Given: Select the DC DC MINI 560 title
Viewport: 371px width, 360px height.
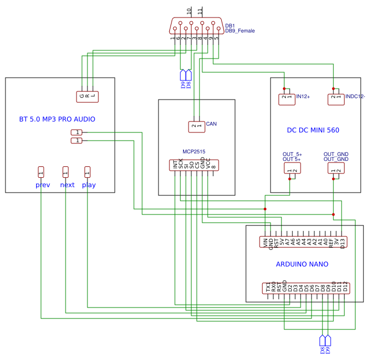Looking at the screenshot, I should pyautogui.click(x=313, y=130).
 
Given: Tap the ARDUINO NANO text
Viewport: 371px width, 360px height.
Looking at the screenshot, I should pyautogui.click(x=302, y=264).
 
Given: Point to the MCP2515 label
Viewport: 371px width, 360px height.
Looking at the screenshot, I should pyautogui.click(x=193, y=151).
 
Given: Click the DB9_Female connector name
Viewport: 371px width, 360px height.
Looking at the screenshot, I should pyautogui.click(x=240, y=31).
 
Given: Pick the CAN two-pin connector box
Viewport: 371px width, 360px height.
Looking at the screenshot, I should pyautogui.click(x=196, y=126).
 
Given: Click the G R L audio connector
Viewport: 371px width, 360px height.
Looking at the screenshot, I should pyautogui.click(x=87, y=96).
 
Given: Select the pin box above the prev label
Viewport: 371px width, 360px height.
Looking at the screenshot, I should pyautogui.click(x=41, y=172).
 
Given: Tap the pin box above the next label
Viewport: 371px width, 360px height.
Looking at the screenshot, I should pyautogui.click(x=66, y=172).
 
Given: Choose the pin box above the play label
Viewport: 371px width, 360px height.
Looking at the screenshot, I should pyautogui.click(x=87, y=172).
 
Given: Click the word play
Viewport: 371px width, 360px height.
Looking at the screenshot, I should pyautogui.click(x=89, y=185).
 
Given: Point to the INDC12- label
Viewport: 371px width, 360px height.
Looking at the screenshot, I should pyautogui.click(x=355, y=96).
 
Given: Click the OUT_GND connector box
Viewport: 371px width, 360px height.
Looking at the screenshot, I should pyautogui.click(x=336, y=169).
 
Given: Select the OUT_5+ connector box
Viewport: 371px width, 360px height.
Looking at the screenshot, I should pyautogui.click(x=292, y=169).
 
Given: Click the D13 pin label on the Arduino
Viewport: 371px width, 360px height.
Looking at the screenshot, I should pyautogui.click(x=343, y=242).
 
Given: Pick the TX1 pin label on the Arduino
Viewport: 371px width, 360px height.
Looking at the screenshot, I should pyautogui.click(x=268, y=287).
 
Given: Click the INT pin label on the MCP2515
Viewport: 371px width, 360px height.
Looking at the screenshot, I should pyautogui.click(x=175, y=164).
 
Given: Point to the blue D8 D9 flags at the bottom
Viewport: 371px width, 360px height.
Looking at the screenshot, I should pyautogui.click(x=325, y=345).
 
